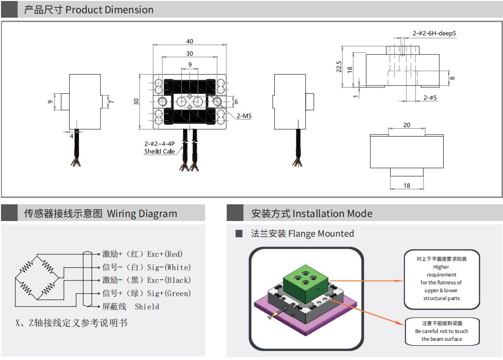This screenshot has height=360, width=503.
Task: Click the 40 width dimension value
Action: point(190,41)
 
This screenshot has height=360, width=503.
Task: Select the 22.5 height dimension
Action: point(339,67)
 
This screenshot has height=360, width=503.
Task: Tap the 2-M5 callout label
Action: point(244,116)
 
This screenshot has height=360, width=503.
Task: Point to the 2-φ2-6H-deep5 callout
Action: point(434,33)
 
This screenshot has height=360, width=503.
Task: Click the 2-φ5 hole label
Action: point(430,98)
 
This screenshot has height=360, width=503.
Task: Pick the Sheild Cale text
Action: point(159,151)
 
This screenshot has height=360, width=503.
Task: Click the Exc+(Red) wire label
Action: point(164,254)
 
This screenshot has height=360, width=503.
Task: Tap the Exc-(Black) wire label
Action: point(169,280)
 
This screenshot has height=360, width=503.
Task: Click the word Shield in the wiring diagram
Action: point(147,306)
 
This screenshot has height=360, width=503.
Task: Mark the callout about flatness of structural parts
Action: point(442,279)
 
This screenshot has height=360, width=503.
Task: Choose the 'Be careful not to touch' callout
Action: point(442,331)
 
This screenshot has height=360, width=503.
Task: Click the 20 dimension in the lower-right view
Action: point(407,125)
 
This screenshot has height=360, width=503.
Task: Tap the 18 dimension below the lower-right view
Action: point(407,186)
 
